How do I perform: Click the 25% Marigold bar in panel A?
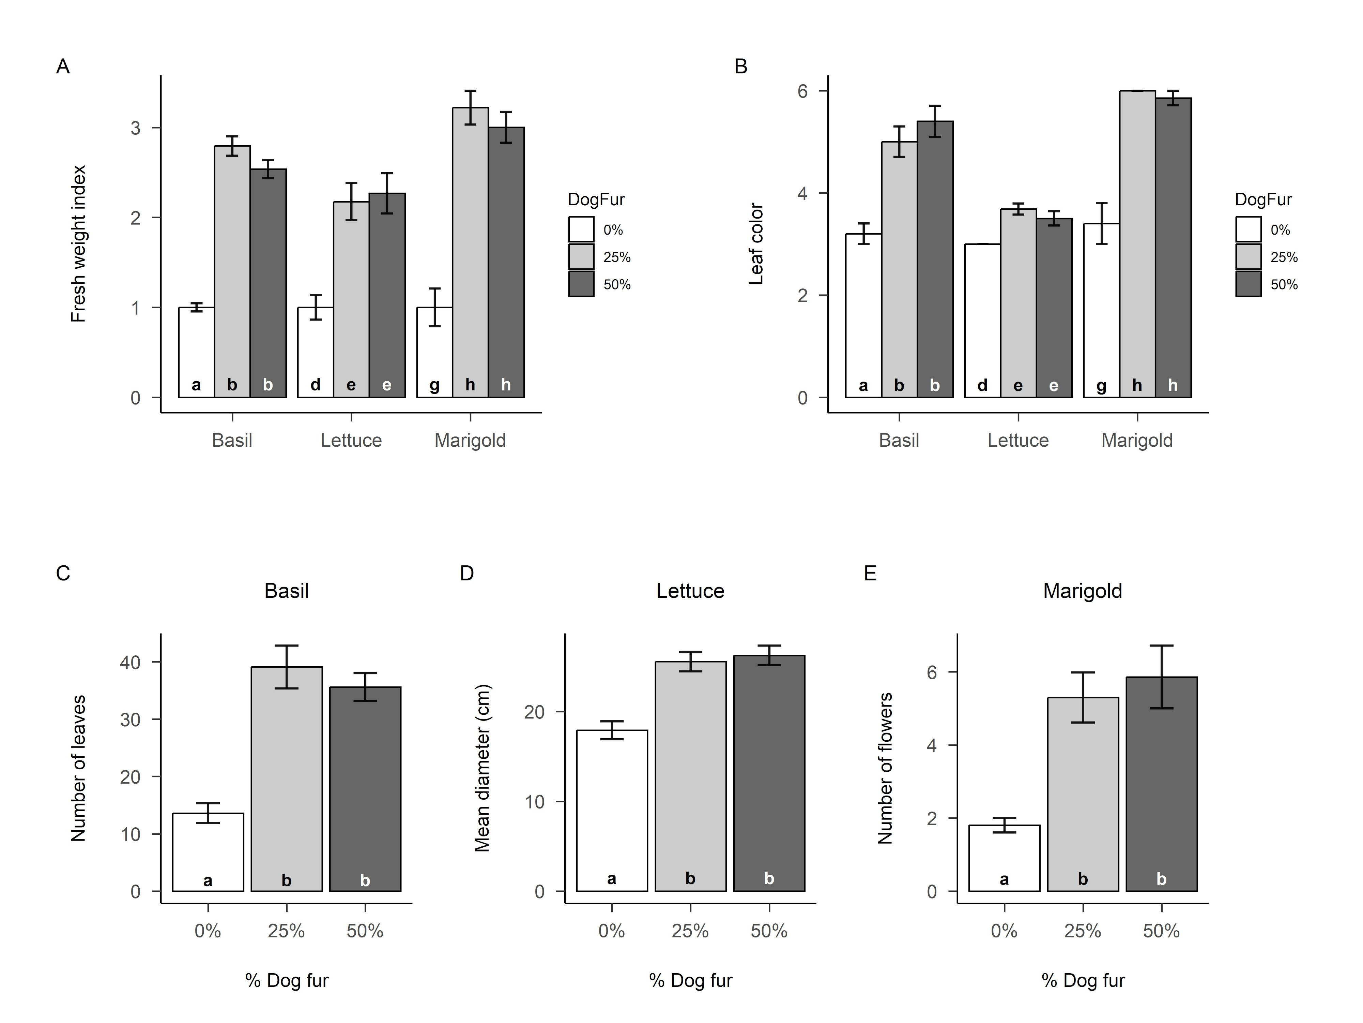[470, 253]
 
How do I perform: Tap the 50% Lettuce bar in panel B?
[1054, 308]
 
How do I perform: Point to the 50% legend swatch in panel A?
[581, 284]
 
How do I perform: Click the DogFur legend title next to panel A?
[596, 200]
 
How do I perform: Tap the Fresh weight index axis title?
[78, 243]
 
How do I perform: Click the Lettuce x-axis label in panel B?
[1018, 440]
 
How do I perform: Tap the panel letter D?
[467, 574]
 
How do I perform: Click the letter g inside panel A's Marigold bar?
[434, 385]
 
